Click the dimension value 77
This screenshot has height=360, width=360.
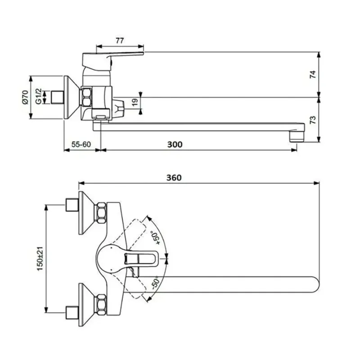tap(120, 40)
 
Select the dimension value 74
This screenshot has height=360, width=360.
tap(313, 74)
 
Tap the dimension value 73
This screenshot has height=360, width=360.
tap(313, 120)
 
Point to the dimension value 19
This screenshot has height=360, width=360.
tap(135, 103)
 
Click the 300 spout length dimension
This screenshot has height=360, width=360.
tap(175, 144)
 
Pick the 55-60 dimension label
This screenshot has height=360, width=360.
tap(81, 144)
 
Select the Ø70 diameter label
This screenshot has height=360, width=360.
tap(25, 97)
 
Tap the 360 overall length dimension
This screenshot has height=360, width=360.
tap(174, 177)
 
